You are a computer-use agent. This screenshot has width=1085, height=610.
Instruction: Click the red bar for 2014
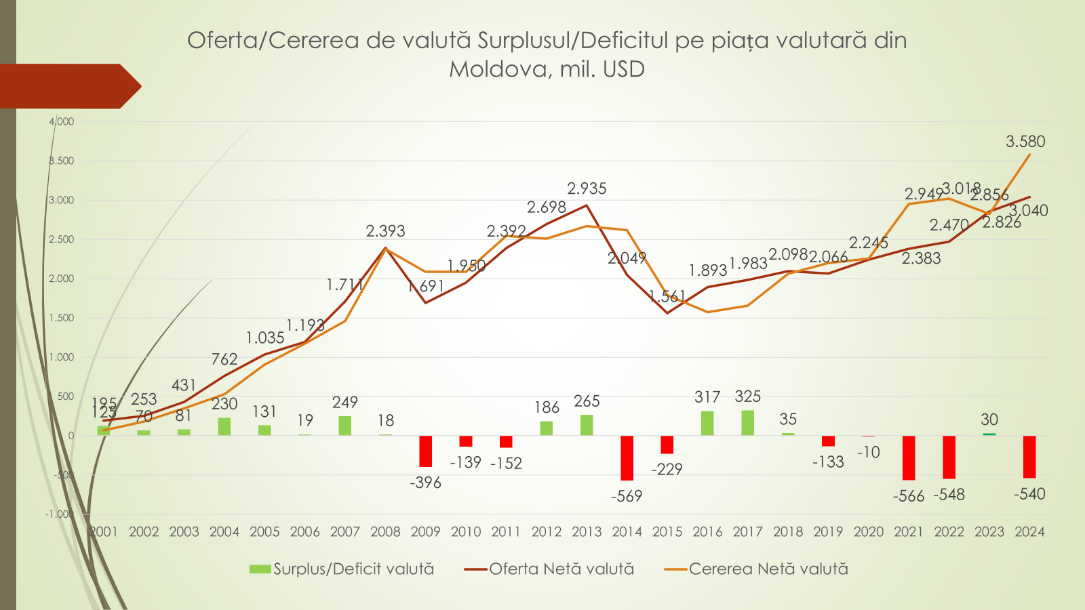click(627, 457)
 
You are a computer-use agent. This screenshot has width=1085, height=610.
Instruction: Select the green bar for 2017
click(747, 423)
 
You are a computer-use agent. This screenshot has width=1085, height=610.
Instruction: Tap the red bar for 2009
click(426, 451)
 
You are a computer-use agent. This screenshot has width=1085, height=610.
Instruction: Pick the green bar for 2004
click(224, 426)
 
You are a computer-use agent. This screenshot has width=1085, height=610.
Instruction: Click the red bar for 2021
click(909, 457)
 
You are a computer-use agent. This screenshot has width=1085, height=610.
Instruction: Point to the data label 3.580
click(1025, 142)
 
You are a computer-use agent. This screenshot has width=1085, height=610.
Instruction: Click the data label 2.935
click(587, 188)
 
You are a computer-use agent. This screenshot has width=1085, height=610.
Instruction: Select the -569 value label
click(627, 496)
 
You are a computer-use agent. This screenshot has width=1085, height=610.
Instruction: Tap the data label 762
click(224, 359)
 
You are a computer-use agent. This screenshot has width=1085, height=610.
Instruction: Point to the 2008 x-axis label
click(385, 532)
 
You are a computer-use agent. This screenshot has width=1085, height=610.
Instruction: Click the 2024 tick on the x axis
click(1029, 532)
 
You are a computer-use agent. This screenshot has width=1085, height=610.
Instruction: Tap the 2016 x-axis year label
click(707, 532)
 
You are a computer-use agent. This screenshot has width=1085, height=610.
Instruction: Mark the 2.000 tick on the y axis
click(62, 279)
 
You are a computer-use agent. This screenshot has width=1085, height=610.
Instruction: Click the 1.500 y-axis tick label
click(62, 318)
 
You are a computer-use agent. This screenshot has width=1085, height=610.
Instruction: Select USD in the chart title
click(623, 69)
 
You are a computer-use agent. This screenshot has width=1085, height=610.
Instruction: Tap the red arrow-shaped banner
click(68, 86)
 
